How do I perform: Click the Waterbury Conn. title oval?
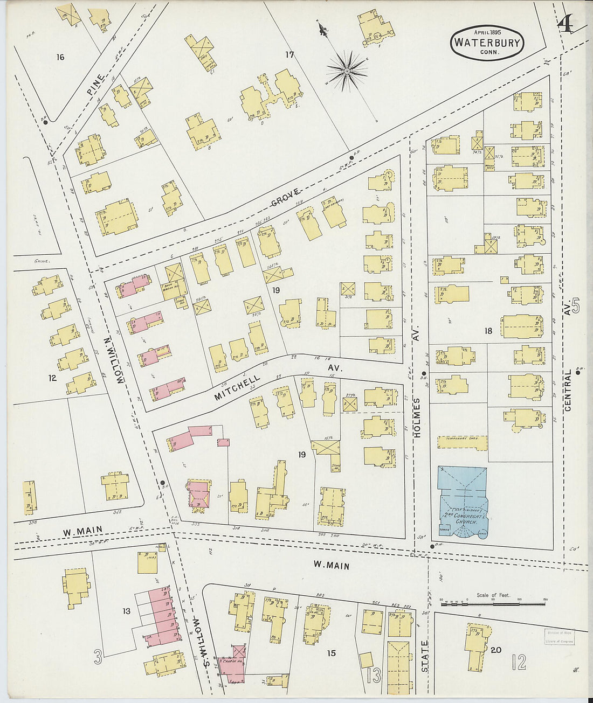click(487, 43)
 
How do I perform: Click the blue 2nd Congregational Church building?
click(463, 503)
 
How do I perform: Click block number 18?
click(488, 331)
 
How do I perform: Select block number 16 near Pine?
click(60, 57)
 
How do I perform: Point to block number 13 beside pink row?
click(127, 611)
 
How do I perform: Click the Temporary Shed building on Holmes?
click(462, 443)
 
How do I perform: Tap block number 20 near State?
click(496, 650)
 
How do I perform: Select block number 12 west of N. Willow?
click(52, 378)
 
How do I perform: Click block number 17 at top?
click(290, 54)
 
